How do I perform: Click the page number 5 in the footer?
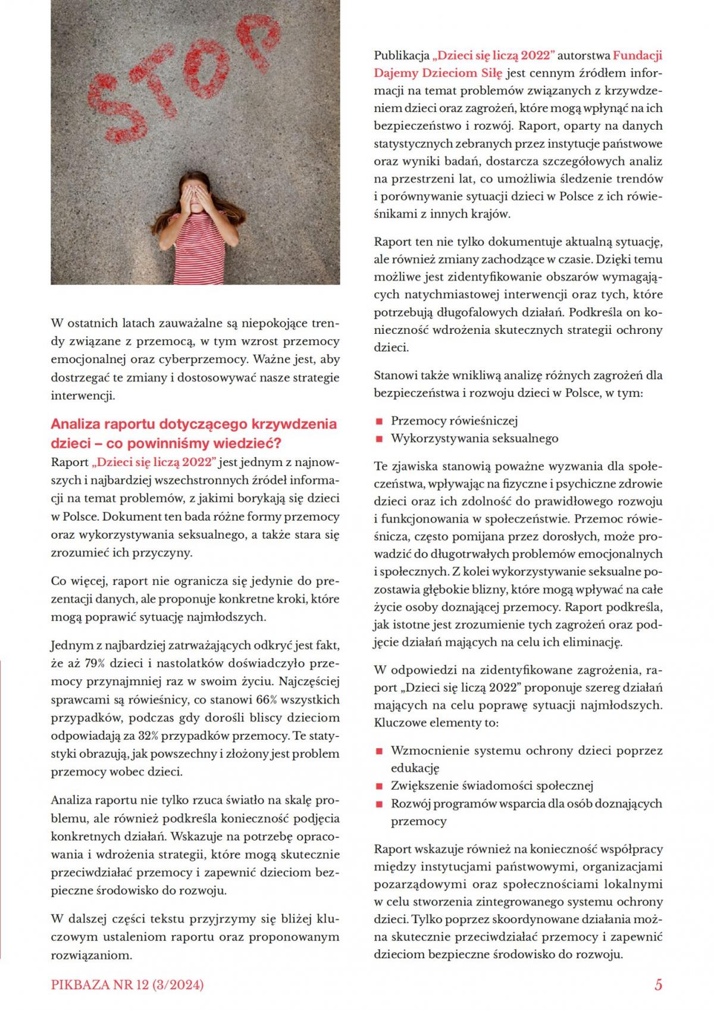(658, 984)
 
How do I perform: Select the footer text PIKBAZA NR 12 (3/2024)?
(127, 985)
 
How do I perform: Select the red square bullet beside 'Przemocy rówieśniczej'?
(378, 421)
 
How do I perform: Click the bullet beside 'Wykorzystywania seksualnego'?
(378, 439)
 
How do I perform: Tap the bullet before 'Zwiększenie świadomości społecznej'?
(378, 786)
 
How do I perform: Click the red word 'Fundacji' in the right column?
(637, 55)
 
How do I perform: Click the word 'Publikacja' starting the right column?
(402, 55)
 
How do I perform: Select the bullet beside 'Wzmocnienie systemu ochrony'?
(378, 751)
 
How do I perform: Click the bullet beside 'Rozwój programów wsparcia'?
(378, 804)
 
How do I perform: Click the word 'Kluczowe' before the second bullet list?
(399, 723)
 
